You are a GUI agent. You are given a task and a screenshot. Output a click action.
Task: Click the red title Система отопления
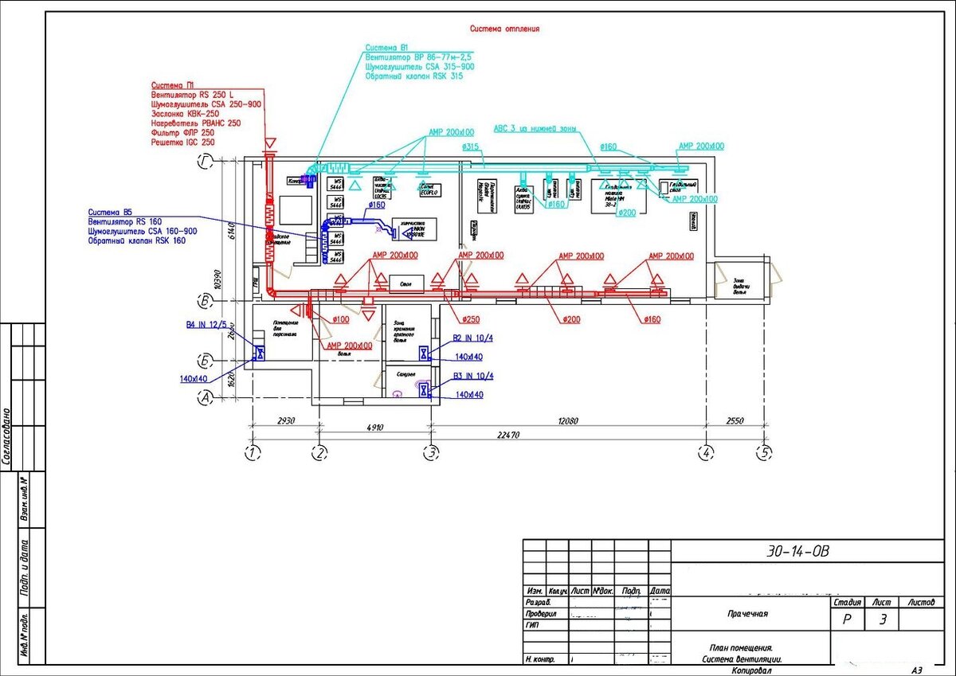tap(504, 29)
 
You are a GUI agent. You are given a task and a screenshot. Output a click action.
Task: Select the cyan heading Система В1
tap(387, 48)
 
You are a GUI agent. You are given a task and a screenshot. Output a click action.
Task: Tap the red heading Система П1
tap(173, 84)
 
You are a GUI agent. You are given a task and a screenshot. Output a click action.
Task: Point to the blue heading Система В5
tap(110, 212)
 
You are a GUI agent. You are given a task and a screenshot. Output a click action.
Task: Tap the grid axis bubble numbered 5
tap(765, 453)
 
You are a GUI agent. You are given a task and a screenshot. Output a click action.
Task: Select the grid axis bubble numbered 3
tap(431, 453)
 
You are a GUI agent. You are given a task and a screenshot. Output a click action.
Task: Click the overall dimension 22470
tap(507, 436)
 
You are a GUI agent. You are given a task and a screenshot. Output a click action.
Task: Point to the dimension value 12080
tap(567, 420)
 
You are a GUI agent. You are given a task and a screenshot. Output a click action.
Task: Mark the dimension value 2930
tap(286, 420)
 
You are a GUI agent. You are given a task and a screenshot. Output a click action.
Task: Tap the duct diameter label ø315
tap(470, 147)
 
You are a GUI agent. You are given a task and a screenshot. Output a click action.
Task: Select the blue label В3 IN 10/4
tap(473, 375)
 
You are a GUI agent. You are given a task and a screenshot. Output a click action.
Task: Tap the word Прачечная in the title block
tap(746, 614)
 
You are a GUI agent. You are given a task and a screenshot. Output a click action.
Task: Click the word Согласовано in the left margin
tap(7, 436)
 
